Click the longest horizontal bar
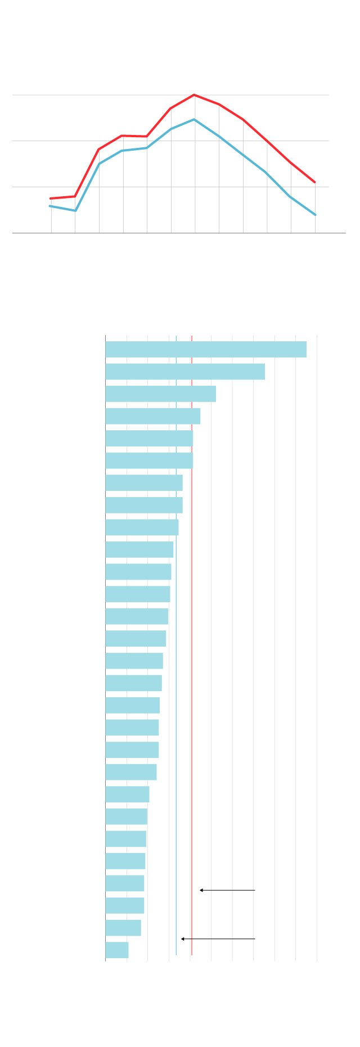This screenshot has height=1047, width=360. coord(206,349)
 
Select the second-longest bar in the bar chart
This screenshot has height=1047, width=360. coord(185,372)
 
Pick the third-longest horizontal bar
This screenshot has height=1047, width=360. coord(160,394)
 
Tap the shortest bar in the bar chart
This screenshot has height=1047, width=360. coord(117,950)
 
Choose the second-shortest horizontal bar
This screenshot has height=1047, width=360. coord(123,928)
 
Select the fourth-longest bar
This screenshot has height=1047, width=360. coord(152,416)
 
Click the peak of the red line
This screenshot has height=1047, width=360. coord(194,95)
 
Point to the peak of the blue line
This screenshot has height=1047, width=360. coord(194,120)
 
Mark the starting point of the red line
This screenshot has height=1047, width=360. coord(51,198)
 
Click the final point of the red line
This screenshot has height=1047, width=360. coord(315,182)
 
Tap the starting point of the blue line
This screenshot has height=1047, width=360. coord(50,206)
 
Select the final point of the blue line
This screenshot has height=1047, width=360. coord(316,215)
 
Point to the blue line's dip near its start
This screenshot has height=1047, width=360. coord(75,211)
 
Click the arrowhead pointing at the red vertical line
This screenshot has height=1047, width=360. coord(201,890)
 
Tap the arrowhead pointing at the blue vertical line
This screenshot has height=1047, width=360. coord(182,939)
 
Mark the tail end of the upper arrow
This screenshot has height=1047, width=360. coord(255,890)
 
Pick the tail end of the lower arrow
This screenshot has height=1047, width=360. coord(255,939)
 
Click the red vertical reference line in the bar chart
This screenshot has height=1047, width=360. coord(192,675)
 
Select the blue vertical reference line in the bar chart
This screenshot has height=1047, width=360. coord(176,675)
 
